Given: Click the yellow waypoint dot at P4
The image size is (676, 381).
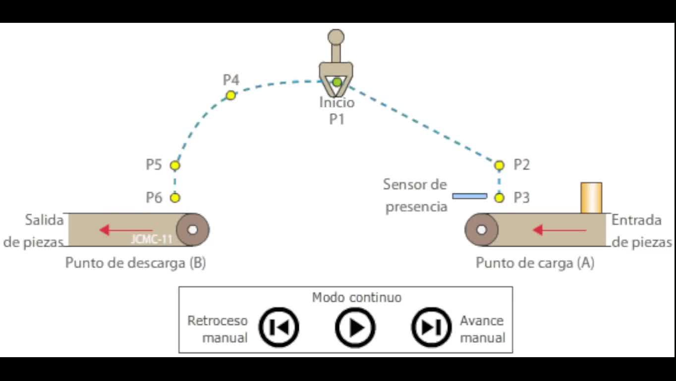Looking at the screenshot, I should [x=230, y=95].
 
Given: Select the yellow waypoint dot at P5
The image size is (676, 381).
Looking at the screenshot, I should [x=174, y=165].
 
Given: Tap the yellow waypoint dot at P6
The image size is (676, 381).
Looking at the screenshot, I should [x=174, y=197].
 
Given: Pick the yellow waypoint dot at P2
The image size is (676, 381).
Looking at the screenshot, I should [x=499, y=165].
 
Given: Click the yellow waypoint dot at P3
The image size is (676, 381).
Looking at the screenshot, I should [x=499, y=197].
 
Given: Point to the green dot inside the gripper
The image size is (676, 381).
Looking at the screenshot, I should [x=337, y=82].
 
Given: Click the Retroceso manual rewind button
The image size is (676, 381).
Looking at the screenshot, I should [x=279, y=327].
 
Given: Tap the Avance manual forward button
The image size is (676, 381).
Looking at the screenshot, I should [x=431, y=327].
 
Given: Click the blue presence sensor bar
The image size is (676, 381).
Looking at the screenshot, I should [x=469, y=196].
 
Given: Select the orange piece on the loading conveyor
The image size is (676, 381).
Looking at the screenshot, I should [x=591, y=197].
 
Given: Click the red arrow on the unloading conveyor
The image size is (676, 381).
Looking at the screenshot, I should [x=119, y=230].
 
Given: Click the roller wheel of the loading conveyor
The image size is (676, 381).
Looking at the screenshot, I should [x=481, y=230].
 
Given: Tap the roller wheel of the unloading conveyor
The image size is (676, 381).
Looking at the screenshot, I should [x=193, y=230].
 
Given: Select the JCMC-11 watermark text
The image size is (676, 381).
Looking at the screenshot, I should [x=152, y=239].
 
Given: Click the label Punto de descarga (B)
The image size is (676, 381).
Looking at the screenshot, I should [x=135, y=262].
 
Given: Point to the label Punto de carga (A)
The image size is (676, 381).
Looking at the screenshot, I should [x=535, y=262].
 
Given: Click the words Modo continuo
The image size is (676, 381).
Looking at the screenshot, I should [x=356, y=297].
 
